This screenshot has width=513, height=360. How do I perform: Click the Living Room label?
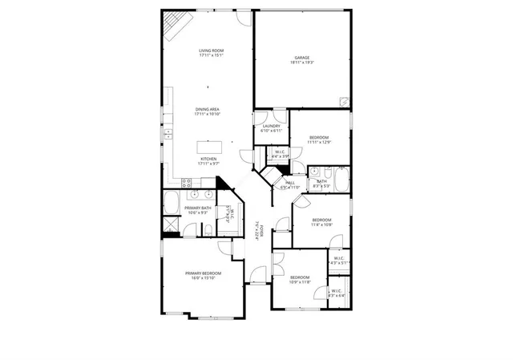coord(212,51)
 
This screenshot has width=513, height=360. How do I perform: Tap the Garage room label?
coord(302,57)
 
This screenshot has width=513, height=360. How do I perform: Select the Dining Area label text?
coord(207,109)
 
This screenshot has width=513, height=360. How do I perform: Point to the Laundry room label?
coord(271,126)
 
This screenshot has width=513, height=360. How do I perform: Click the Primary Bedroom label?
coord(204,273)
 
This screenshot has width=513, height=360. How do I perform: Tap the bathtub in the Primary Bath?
coord(172,204)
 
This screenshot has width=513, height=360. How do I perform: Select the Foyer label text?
coord(259,233)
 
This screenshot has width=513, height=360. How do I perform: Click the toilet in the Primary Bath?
coord(208,231)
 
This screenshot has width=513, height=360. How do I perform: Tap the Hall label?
coord(289,183)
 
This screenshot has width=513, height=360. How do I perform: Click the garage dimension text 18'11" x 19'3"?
coord(302,62)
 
